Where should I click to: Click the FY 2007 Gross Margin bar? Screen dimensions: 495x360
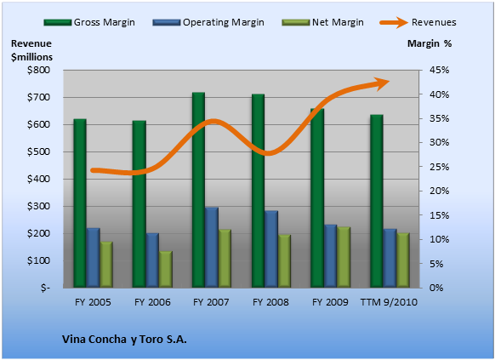(x=198, y=190)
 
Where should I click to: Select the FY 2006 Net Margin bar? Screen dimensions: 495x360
(x=166, y=270)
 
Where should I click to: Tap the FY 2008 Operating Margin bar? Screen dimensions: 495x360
(x=271, y=249)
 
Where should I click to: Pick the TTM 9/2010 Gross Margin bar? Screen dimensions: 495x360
(x=377, y=201)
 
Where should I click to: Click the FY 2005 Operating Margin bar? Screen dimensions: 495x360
(x=93, y=258)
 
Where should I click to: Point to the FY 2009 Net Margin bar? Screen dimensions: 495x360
(x=344, y=257)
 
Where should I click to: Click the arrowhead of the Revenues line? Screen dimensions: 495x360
(x=383, y=83)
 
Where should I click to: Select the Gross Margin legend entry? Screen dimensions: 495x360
(x=89, y=22)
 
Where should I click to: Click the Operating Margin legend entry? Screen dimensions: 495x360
(x=208, y=22)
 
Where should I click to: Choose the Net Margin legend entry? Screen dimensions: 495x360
(x=322, y=22)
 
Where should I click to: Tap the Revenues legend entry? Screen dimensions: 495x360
(x=418, y=22)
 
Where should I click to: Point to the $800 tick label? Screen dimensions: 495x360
(x=38, y=70)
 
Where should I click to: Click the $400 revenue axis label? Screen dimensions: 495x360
(x=38, y=179)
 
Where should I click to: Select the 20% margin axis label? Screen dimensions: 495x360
(x=439, y=191)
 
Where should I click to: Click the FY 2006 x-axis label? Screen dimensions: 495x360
(x=152, y=302)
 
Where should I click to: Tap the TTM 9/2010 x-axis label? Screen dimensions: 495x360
(x=389, y=302)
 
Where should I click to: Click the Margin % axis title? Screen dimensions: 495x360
(x=430, y=43)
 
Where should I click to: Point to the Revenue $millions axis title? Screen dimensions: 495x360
(x=31, y=50)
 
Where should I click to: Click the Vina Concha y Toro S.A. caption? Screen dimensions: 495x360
(x=124, y=340)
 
